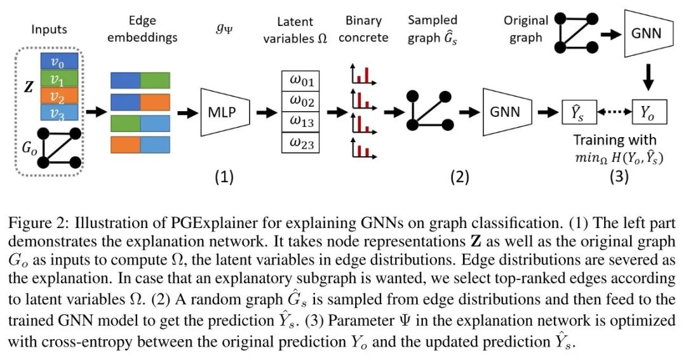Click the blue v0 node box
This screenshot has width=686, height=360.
coord(59,62)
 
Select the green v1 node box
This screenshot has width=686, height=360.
coord(59,78)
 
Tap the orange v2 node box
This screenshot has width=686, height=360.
coord(59,95)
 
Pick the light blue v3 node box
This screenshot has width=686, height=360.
coord(59,112)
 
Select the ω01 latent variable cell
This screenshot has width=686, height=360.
coord(300,82)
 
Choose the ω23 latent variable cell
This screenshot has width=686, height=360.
coord(300,143)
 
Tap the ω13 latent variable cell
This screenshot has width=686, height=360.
coord(300,123)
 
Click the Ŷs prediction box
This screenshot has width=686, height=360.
coord(575,112)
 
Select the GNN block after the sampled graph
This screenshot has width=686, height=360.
coord(506,112)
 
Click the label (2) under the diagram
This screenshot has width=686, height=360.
coord(459,177)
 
